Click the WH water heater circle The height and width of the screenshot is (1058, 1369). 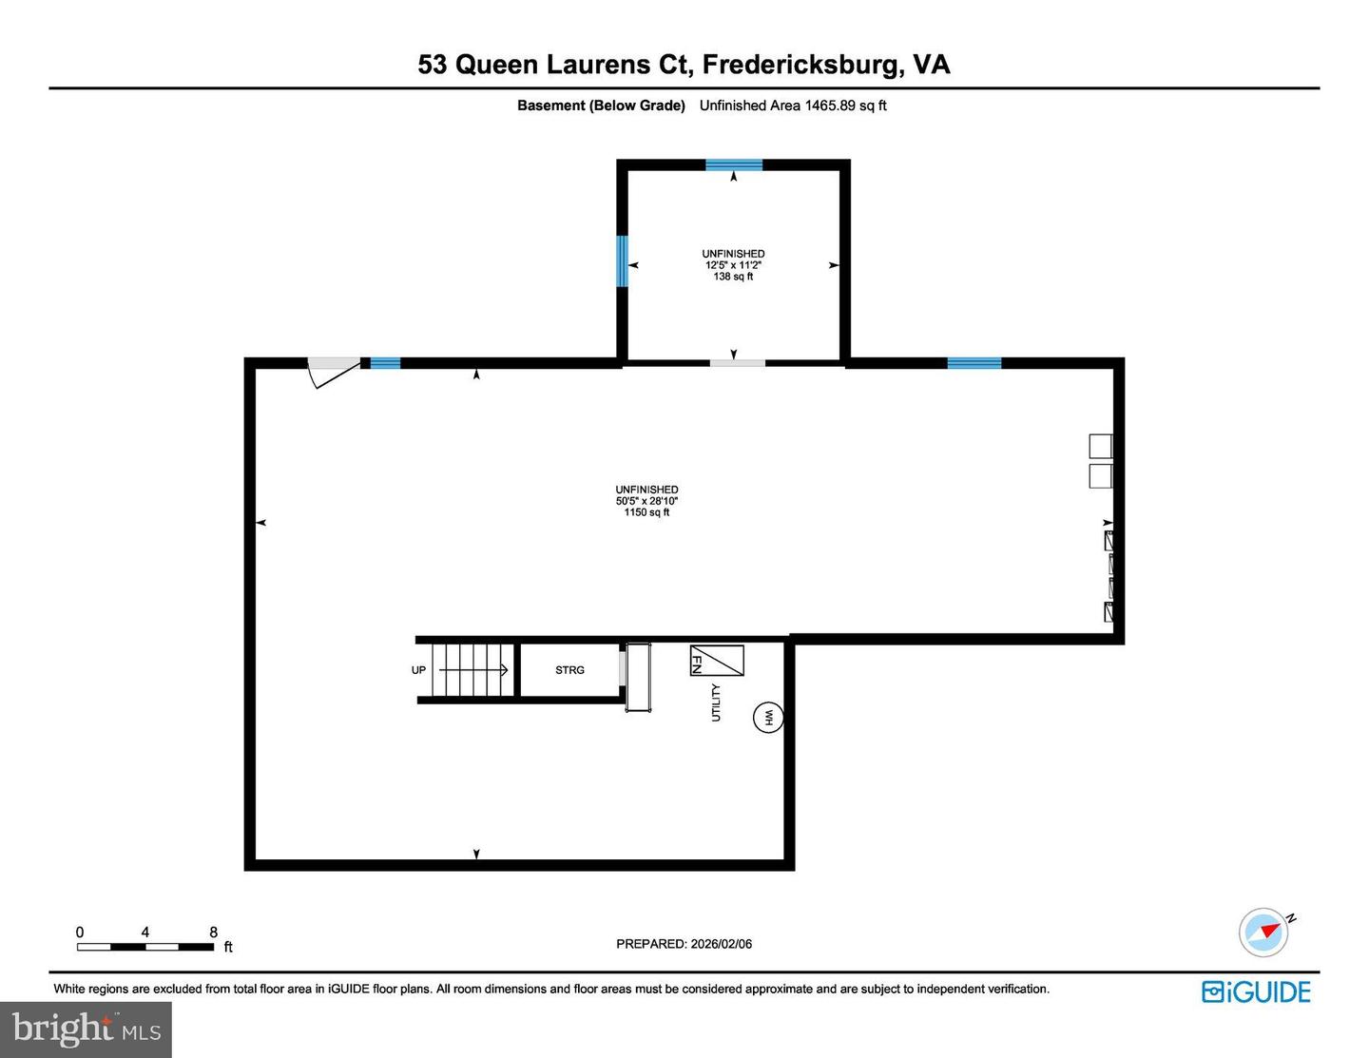click(768, 718)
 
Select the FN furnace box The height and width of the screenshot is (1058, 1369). click(716, 661)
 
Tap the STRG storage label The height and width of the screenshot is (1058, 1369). click(569, 670)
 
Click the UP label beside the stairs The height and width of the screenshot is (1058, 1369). click(418, 670)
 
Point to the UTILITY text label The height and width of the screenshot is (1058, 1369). click(716, 702)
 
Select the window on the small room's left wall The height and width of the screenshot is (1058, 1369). click(623, 260)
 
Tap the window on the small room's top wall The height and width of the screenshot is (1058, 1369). click(733, 164)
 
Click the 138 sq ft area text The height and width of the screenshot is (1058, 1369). click(733, 277)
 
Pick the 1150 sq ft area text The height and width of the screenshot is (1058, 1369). click(646, 512)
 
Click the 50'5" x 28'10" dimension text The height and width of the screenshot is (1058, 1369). click(646, 501)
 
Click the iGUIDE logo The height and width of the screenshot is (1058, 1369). click(1256, 992)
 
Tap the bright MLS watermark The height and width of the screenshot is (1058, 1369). click(86, 1029)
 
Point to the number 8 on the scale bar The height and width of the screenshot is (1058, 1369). click(213, 933)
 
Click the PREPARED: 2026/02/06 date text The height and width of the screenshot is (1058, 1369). click(684, 944)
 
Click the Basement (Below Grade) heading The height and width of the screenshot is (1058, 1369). click(601, 106)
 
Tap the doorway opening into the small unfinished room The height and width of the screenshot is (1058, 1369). click(738, 363)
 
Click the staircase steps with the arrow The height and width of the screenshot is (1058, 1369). click(472, 670)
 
